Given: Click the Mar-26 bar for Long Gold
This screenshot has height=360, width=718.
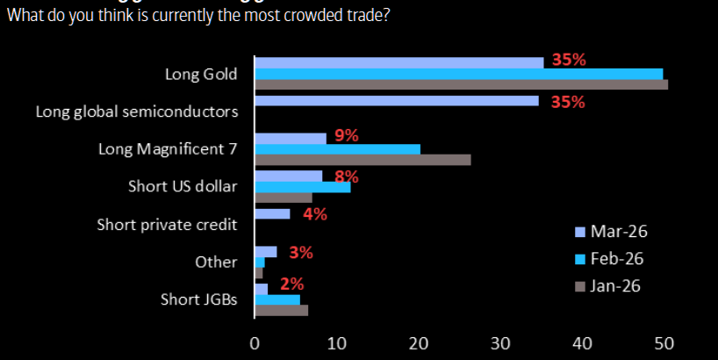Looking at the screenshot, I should pyautogui.click(x=398, y=62).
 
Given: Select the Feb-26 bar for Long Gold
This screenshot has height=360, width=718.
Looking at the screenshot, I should pyautogui.click(x=458, y=74).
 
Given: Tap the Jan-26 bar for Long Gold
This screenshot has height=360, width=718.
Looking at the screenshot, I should pyautogui.click(x=461, y=84).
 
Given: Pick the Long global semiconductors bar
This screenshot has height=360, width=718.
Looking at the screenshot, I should pyautogui.click(x=396, y=101).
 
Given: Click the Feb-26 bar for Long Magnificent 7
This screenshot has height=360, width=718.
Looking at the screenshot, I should pyautogui.click(x=337, y=148).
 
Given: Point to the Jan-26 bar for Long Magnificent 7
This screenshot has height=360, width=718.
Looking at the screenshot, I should pyautogui.click(x=363, y=160).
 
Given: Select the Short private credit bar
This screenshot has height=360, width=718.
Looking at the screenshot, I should pyautogui.click(x=272, y=213).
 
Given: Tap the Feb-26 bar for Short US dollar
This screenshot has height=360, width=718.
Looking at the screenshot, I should pyautogui.click(x=302, y=187).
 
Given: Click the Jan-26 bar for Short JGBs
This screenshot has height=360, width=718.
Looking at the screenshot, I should pyautogui.click(x=281, y=310).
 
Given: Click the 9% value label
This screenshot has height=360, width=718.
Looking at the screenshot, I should pyautogui.click(x=347, y=136).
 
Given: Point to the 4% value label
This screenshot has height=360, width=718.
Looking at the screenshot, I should pyautogui.click(x=314, y=213).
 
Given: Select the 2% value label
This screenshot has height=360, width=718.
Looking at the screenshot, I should pyautogui.click(x=291, y=284).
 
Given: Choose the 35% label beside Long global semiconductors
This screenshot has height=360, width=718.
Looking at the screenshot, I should pyautogui.click(x=567, y=102).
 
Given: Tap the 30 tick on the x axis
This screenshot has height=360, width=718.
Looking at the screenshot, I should pyautogui.click(x=500, y=343).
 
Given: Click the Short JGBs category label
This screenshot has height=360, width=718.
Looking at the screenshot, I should pyautogui.click(x=199, y=299).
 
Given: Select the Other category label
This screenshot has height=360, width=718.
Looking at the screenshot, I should pyautogui.click(x=217, y=262).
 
